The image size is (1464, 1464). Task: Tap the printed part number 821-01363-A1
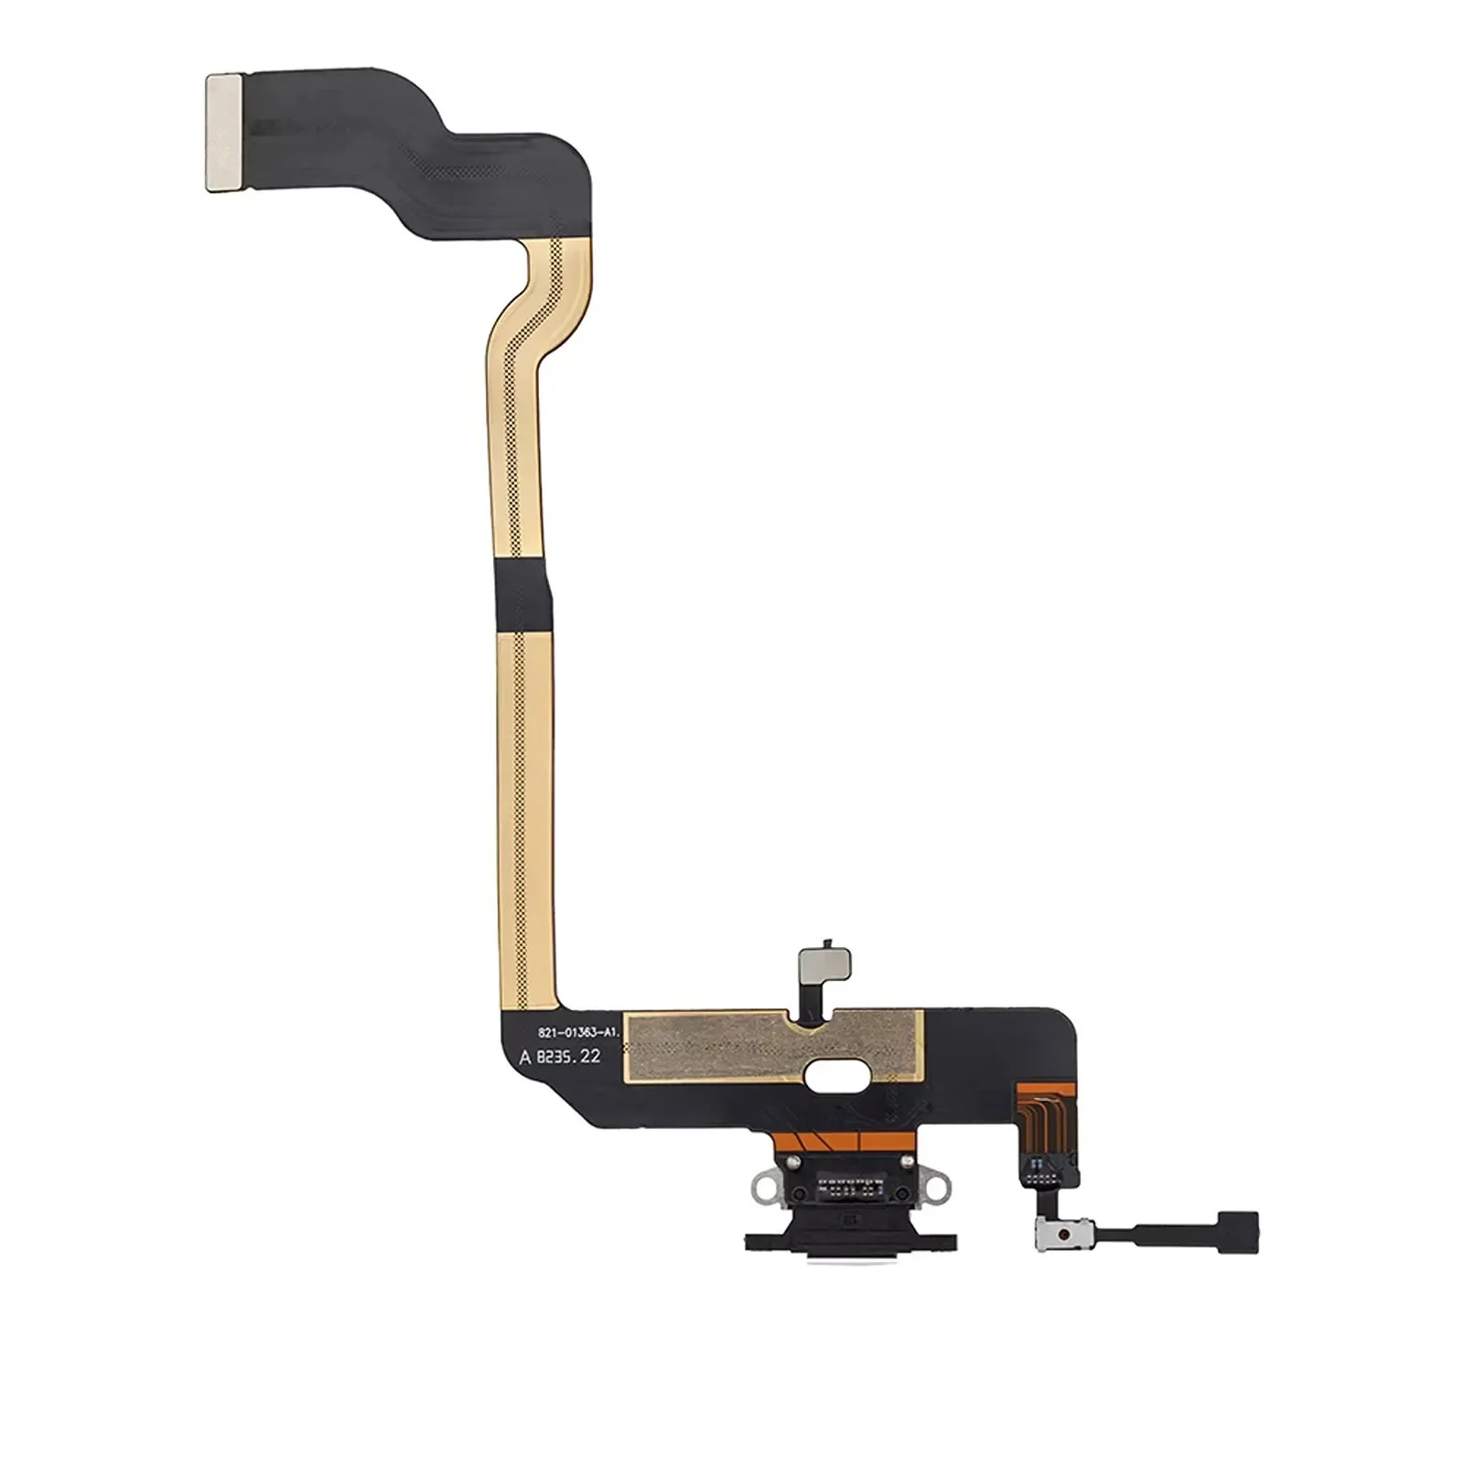(x=578, y=1032)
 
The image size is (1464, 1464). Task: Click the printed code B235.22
(x=569, y=1056)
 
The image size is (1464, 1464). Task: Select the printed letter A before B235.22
(x=524, y=1057)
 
